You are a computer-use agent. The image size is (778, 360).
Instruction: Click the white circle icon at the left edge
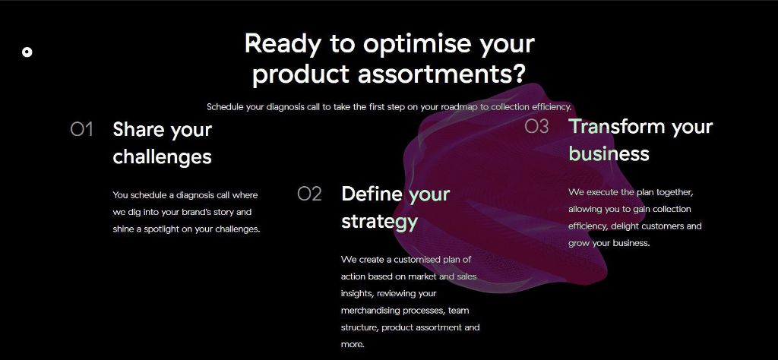point(27,52)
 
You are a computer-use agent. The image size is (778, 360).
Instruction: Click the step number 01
point(82,129)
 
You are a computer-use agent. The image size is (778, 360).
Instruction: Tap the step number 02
point(310,194)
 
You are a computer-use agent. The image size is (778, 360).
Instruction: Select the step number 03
point(537,126)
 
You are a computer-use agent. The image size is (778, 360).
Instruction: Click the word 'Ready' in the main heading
point(283,45)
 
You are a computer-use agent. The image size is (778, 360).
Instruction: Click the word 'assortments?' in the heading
point(441,74)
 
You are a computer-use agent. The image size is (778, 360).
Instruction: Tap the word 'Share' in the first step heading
point(138,129)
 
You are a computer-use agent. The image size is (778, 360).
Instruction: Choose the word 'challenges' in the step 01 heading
point(163,157)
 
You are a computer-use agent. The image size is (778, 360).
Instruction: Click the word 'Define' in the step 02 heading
point(372,194)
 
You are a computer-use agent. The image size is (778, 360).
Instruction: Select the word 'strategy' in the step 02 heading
point(380,222)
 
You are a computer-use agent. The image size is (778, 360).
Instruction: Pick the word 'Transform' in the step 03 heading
point(617,126)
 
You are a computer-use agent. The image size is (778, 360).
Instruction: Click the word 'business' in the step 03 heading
point(609,153)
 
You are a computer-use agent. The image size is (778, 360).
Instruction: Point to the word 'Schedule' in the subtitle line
point(225,106)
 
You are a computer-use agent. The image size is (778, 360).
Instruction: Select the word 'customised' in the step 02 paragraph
point(417,259)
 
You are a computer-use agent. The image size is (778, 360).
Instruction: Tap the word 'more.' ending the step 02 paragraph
point(353,344)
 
